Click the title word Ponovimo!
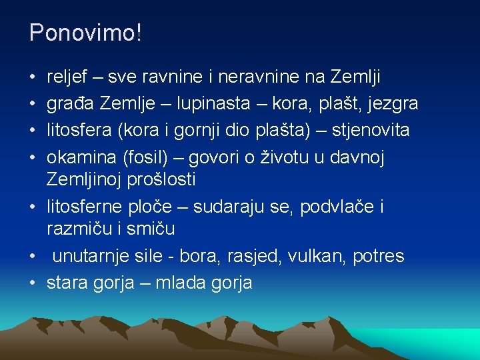point(85,33)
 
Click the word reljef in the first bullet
point(66,78)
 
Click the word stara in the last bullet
point(65,283)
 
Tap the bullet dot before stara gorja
point(33,283)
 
